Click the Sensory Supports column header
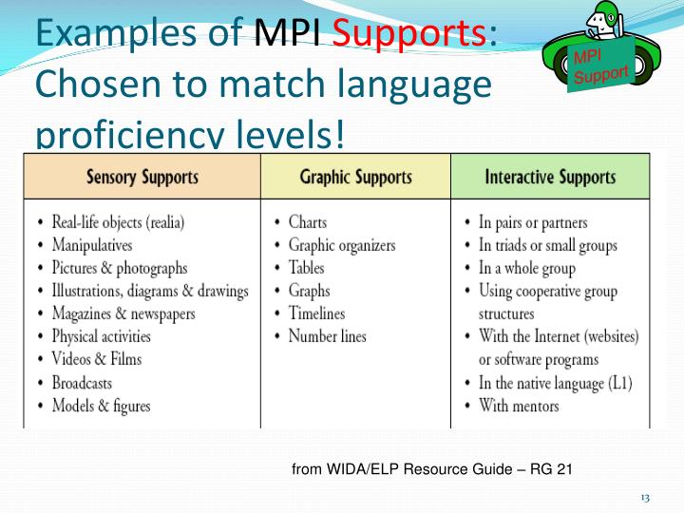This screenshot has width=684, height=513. point(142,177)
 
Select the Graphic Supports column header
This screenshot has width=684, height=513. point(355,177)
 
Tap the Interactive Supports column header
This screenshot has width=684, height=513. point(550,177)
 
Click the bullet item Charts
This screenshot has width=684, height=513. point(308,222)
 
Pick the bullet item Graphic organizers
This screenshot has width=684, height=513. point(341,245)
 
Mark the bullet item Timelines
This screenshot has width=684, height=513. point(316,313)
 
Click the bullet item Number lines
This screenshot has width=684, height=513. point(327,336)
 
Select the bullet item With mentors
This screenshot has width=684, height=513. point(519,406)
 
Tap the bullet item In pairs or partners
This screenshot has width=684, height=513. point(533,222)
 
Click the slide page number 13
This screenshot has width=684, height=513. point(645,499)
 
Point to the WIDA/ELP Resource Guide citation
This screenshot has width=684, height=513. point(431,468)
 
